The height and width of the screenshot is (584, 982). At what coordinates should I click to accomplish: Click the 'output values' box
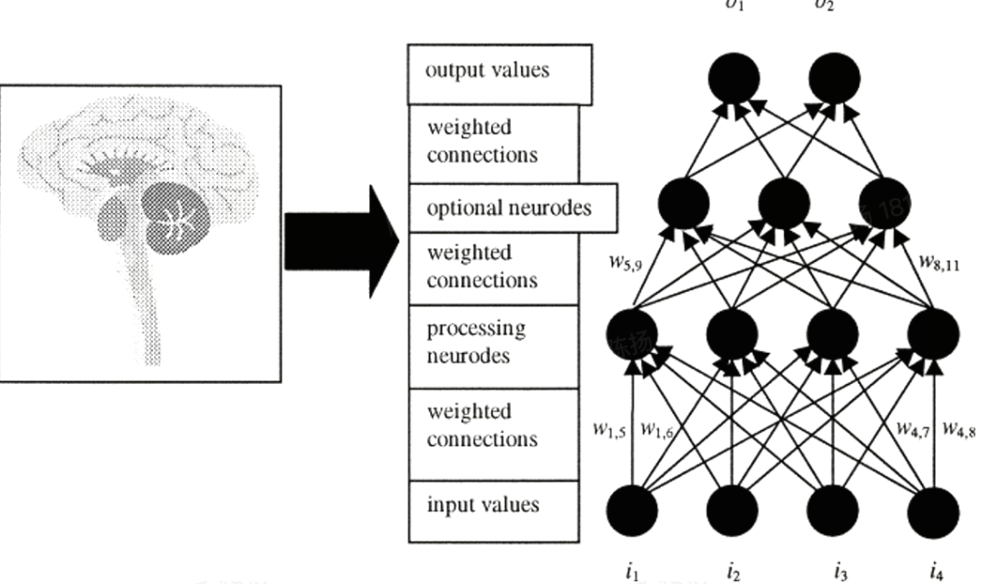(499, 74)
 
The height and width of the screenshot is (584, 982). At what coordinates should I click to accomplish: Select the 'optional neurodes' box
(510, 207)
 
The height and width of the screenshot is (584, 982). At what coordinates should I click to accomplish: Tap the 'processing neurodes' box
(492, 342)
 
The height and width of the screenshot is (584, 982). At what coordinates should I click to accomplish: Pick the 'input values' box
(492, 505)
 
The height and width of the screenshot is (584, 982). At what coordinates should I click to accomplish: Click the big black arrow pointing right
(341, 240)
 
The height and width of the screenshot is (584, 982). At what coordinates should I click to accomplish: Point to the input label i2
(733, 571)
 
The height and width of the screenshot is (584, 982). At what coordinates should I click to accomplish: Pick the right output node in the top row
(835, 78)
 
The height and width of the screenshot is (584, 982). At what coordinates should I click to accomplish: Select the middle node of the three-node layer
(784, 202)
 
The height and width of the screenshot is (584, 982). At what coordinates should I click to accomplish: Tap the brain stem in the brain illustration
(145, 300)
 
